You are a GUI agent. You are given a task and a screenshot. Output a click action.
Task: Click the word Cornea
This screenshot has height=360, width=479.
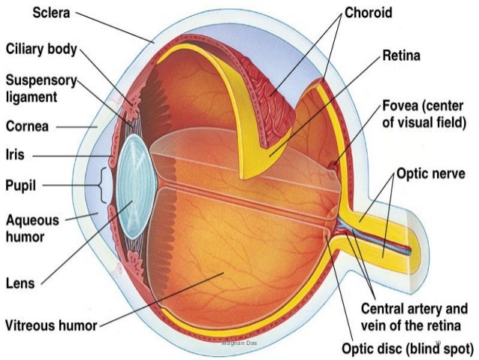click(x=27, y=127)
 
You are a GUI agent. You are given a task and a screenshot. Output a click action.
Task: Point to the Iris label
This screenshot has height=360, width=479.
click(x=16, y=155)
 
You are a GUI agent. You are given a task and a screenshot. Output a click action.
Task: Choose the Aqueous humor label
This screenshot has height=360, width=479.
click(x=35, y=228)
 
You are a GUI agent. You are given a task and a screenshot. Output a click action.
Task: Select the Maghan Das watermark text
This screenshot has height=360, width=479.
click(x=239, y=343)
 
